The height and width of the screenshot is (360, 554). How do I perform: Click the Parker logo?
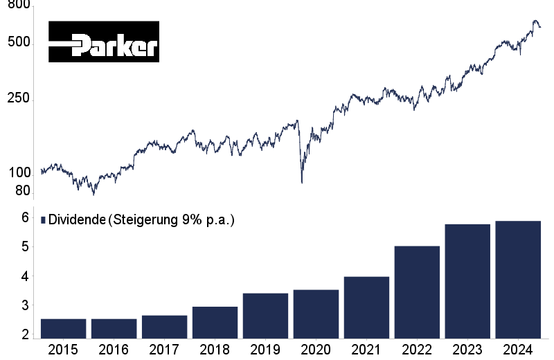(103, 42)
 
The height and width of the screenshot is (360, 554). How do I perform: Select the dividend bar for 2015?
(64, 329)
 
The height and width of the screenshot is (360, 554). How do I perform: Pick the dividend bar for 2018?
(215, 323)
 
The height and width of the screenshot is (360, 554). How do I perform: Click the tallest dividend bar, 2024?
(518, 280)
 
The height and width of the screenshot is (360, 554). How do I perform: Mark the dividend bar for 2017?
(164, 327)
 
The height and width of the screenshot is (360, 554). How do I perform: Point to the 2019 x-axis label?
(265, 349)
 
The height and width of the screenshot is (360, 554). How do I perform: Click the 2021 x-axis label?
(366, 349)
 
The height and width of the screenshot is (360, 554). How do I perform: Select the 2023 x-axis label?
(467, 349)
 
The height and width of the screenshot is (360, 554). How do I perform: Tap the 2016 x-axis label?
(114, 349)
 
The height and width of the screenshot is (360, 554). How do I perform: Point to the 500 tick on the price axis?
(19, 42)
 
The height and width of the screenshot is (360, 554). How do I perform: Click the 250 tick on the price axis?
(19, 99)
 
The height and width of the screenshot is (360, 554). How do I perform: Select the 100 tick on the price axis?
(19, 172)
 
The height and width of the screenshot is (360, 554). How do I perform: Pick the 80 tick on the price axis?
(23, 190)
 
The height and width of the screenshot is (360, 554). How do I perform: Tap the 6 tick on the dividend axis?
(24, 217)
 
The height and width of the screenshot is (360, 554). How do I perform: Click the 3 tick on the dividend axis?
(24, 305)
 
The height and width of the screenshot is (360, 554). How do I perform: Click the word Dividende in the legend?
(77, 220)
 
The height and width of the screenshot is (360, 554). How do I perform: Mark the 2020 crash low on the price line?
(302, 182)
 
